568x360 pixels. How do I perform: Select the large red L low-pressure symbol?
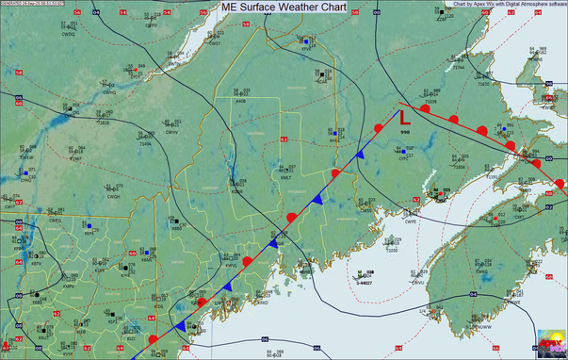pos(403,121)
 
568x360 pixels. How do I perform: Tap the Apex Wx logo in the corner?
pos(549,343)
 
